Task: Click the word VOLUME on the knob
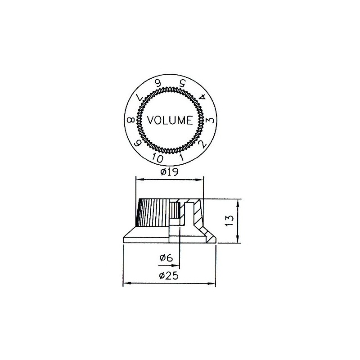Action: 170,120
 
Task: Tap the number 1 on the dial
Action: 181,157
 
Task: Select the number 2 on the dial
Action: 202,144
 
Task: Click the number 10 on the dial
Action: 157,158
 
